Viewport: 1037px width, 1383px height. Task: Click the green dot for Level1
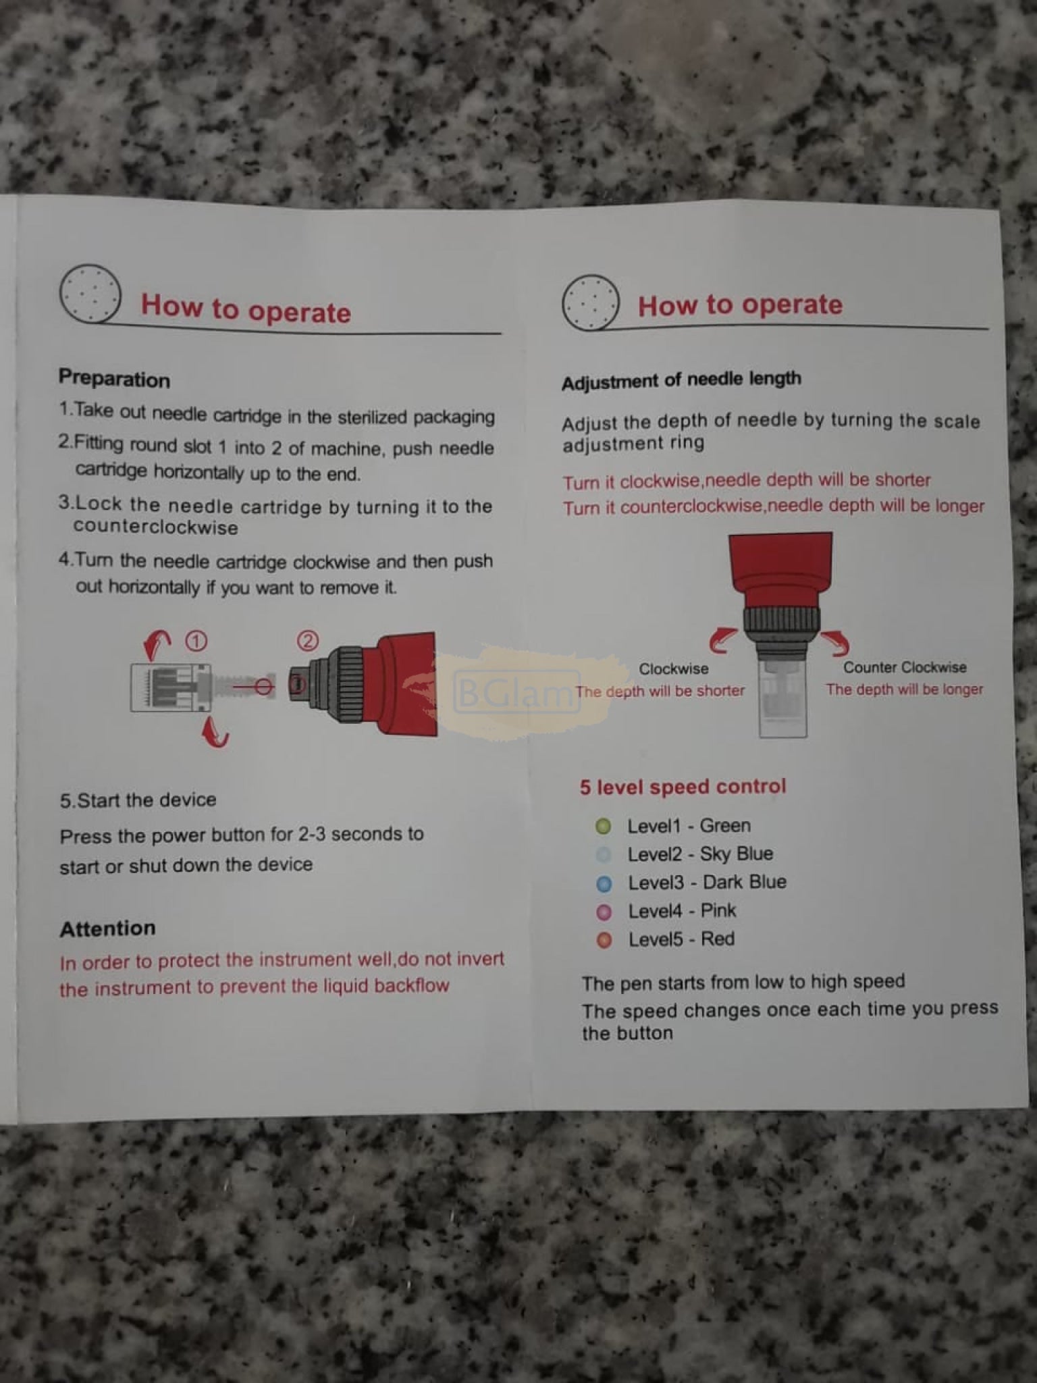pyautogui.click(x=603, y=826)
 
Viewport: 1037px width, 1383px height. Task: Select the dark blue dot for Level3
pyautogui.click(x=604, y=883)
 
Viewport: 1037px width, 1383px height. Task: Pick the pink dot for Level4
pyautogui.click(x=604, y=912)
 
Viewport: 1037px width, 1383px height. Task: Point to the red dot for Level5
pyautogui.click(x=604, y=940)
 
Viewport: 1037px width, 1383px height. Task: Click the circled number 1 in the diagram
pyautogui.click(x=196, y=640)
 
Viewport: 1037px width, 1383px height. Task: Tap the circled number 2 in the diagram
pyautogui.click(x=308, y=640)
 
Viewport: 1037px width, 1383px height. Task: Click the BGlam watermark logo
pyautogui.click(x=517, y=691)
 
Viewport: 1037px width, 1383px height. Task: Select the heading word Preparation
pyautogui.click(x=114, y=379)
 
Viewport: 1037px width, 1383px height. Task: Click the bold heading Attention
pyautogui.click(x=107, y=929)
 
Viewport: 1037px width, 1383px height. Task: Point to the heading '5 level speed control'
pyautogui.click(x=683, y=787)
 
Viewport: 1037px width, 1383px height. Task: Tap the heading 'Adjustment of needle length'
pyautogui.click(x=681, y=380)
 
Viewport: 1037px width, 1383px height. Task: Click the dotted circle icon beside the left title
pyautogui.click(x=90, y=294)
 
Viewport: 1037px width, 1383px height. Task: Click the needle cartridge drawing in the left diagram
pyautogui.click(x=171, y=687)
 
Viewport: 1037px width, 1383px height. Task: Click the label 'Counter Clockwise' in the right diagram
pyautogui.click(x=905, y=667)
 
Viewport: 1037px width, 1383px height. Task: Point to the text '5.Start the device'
pyautogui.click(x=138, y=800)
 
